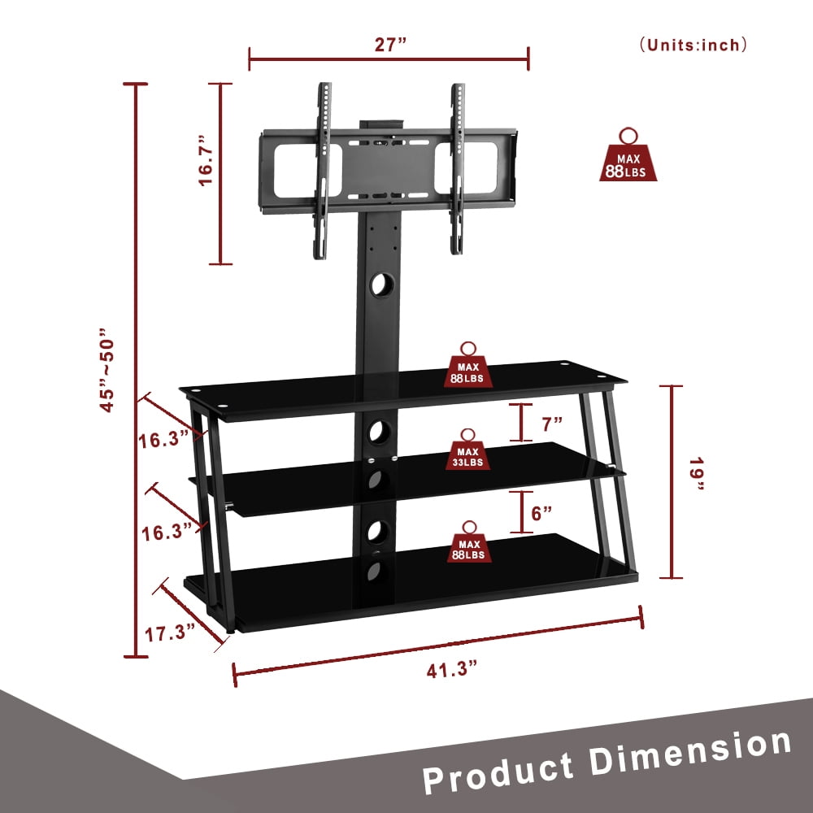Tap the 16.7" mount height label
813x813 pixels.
pyautogui.click(x=208, y=161)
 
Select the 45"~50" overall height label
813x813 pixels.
pyautogui.click(x=109, y=370)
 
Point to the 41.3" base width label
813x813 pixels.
pyautogui.click(x=451, y=669)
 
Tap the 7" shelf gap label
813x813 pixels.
pyautogui.click(x=552, y=423)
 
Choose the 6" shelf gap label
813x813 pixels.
pyautogui.click(x=542, y=512)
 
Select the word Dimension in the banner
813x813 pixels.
pyautogui.click(x=691, y=749)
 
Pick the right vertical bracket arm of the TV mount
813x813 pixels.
pyautogui.click(x=457, y=169)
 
